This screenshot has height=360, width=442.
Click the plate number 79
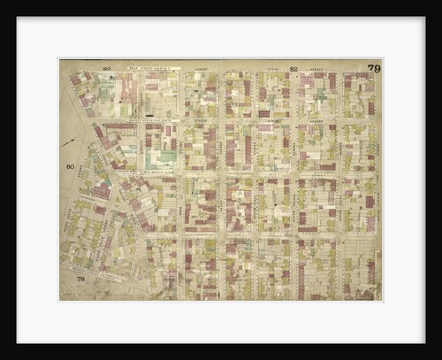point(374,68)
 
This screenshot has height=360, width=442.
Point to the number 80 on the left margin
point(70,166)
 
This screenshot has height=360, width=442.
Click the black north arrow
point(69,140)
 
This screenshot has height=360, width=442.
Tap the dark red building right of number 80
point(99,191)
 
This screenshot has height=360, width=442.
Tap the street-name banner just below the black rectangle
point(141,119)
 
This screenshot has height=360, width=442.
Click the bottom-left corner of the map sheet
point(59,301)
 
